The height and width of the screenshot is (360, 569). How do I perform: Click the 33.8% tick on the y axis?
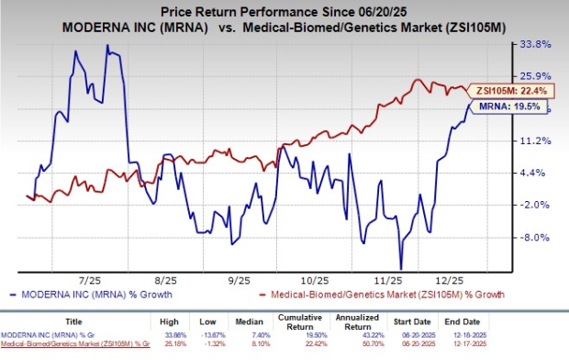pyautogui.click(x=534, y=43)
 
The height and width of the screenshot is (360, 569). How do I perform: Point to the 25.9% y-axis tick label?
pyautogui.click(x=534, y=75)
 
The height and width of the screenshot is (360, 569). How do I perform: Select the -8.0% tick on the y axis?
pyautogui.click(x=534, y=238)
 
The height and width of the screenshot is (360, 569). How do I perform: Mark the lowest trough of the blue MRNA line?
pyautogui.click(x=401, y=267)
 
